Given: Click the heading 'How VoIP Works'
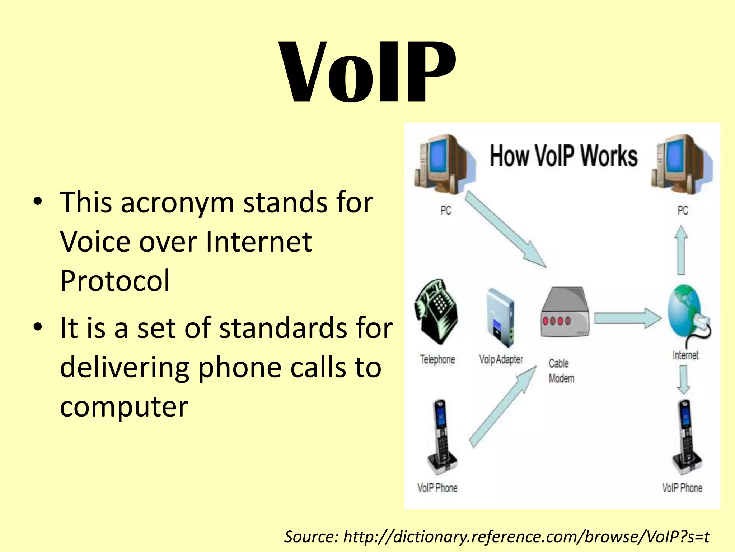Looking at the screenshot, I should coord(563,156).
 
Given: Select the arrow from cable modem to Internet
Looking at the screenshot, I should coord(627,318).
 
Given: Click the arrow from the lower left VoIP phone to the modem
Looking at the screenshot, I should coord(502,406).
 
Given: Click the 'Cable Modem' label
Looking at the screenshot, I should coord(561,371).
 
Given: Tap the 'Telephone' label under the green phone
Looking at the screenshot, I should coord(437,359).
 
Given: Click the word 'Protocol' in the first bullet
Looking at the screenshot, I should coord(115,281).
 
